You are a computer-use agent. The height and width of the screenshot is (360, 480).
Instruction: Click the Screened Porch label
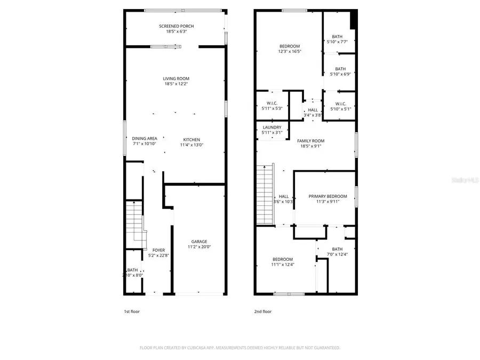(176, 26)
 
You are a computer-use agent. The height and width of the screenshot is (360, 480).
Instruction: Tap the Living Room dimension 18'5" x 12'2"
(176, 84)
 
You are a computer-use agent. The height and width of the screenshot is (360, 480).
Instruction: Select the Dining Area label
(144, 138)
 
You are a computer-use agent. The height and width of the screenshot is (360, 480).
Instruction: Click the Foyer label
(158, 250)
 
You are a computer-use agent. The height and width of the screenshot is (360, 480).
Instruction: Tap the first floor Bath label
(132, 270)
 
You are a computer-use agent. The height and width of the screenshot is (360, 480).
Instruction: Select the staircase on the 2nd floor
(265, 195)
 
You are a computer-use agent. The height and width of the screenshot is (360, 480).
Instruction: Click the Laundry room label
(272, 127)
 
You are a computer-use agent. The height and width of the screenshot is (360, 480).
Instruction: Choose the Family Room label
(310, 141)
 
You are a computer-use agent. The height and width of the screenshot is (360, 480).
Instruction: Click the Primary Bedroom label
(327, 196)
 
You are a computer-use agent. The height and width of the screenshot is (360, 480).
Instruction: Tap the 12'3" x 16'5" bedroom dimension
(290, 52)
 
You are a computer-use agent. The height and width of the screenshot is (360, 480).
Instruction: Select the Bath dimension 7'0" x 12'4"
(337, 254)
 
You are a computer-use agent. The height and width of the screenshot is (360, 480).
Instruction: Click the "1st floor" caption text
(132, 311)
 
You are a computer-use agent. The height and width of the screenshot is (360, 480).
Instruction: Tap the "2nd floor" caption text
(263, 311)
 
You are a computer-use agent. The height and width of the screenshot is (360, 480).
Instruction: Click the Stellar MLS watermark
(464, 180)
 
